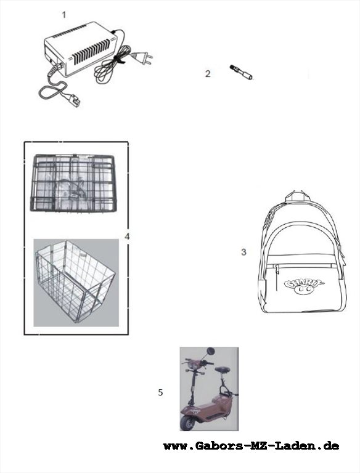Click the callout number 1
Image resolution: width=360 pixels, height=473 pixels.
(x=63, y=15)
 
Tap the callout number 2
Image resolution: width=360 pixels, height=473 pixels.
(x=208, y=74)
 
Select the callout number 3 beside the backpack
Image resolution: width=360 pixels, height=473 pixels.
(x=243, y=252)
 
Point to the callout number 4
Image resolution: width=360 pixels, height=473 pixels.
(x=127, y=236)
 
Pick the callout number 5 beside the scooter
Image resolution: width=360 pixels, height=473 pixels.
(x=160, y=392)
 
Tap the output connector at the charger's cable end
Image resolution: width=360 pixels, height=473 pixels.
(x=74, y=100)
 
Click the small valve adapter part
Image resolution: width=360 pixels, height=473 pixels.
(x=241, y=73)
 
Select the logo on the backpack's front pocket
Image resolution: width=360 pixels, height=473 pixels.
(x=304, y=286)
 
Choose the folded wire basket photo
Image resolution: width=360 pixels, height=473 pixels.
(x=73, y=183)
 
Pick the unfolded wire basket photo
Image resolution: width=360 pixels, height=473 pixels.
(x=76, y=283)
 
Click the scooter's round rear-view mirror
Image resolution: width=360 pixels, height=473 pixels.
(x=210, y=352)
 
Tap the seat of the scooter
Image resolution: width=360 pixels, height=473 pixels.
(x=221, y=369)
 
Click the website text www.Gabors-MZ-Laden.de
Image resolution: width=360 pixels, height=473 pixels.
(x=251, y=446)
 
